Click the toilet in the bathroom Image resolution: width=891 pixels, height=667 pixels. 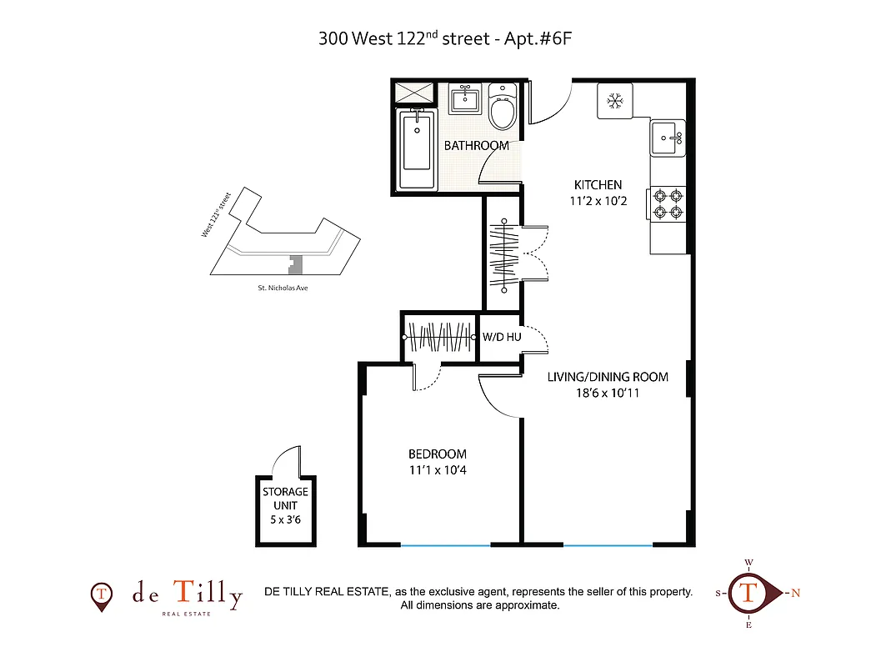[503, 108]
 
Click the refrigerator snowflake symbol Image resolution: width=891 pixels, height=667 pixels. [615, 102]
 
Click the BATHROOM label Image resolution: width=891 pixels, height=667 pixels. [476, 146]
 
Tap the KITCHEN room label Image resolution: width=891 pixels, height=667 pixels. [598, 185]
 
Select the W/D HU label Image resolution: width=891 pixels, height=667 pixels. [501, 339]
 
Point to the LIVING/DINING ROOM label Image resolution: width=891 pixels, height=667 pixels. [608, 377]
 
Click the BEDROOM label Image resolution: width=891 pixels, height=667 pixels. [437, 454]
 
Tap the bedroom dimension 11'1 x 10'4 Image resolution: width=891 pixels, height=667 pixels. [437, 471]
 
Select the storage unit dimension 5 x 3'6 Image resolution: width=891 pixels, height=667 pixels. [286, 519]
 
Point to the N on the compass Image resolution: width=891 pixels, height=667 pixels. [795, 594]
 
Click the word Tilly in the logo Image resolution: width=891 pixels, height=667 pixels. [208, 594]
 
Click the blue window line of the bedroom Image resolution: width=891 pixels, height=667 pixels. [445, 545]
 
